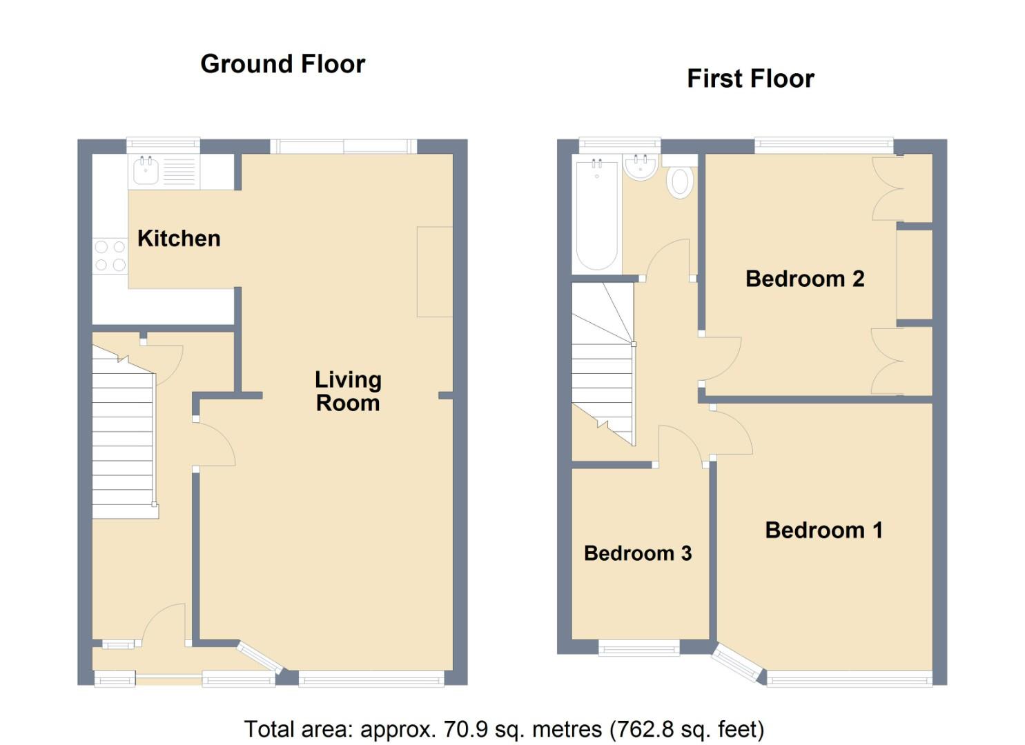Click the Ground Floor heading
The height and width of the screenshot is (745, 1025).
pyautogui.click(x=283, y=64)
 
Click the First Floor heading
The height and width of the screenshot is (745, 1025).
pyautogui.click(x=750, y=79)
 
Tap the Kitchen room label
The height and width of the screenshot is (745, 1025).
pyautogui.click(x=179, y=239)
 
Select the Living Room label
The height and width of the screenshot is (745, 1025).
pyautogui.click(x=348, y=392)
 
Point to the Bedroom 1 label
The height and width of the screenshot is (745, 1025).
pyautogui.click(x=823, y=530)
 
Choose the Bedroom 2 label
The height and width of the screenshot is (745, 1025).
pyautogui.click(x=805, y=279)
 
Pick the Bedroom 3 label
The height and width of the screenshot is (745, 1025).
pyautogui.click(x=638, y=553)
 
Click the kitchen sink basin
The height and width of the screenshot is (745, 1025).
pyautogui.click(x=146, y=171)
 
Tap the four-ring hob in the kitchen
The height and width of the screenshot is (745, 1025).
pyautogui.click(x=110, y=256)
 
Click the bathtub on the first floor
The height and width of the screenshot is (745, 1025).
pyautogui.click(x=596, y=214)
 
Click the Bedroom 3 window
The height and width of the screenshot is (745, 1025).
pyautogui.click(x=639, y=647)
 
